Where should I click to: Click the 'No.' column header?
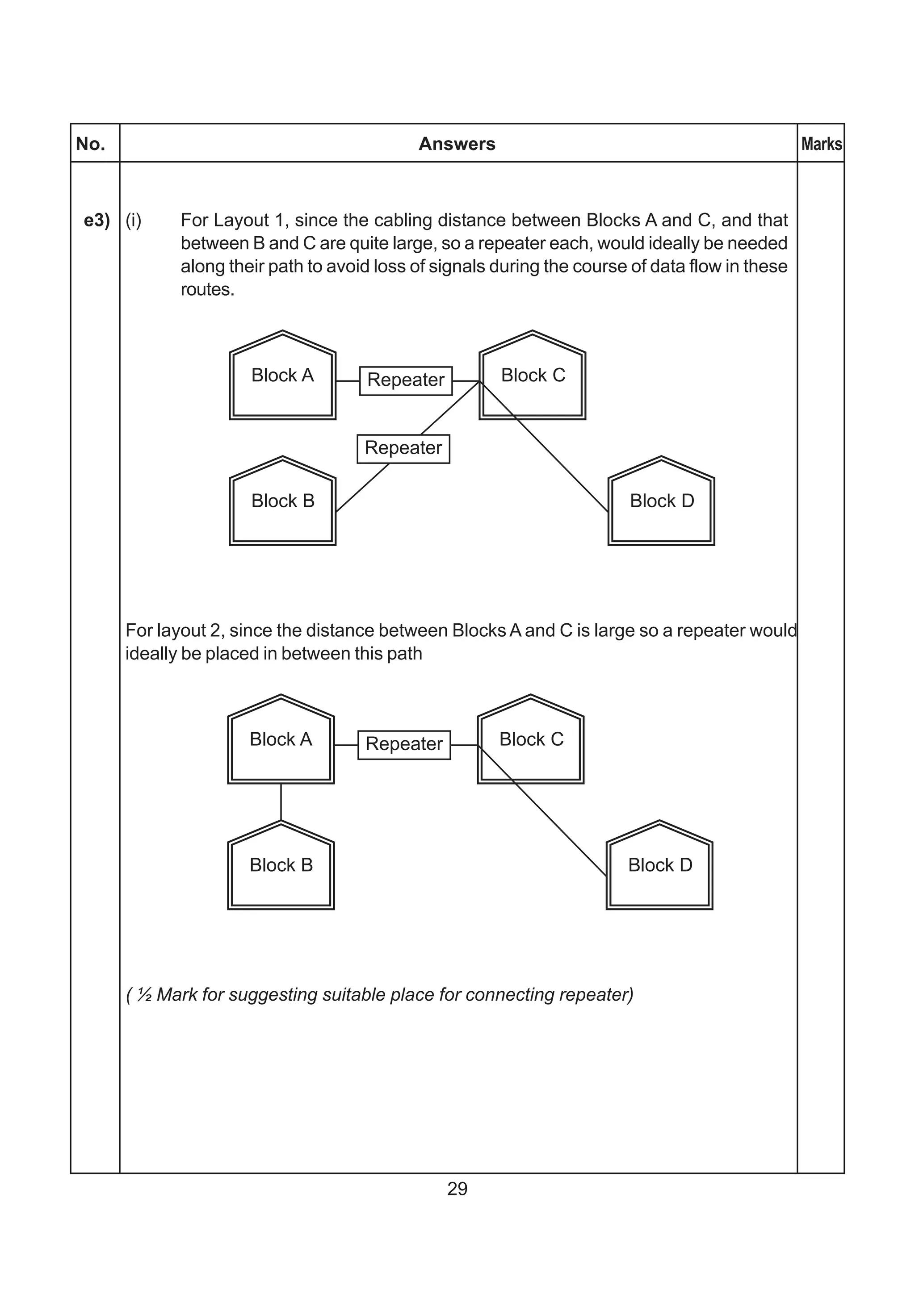coord(91,144)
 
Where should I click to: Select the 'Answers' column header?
coord(457,144)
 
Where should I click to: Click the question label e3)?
coord(97,221)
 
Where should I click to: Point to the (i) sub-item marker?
coord(133,221)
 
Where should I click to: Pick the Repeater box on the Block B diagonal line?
coord(403,449)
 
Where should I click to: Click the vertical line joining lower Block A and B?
coord(281,802)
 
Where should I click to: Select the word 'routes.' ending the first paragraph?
coord(207,290)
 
